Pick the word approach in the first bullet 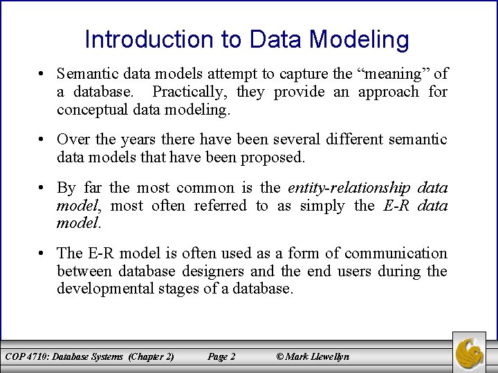point(382,91)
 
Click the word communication point(396,254)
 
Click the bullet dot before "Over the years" point(42,140)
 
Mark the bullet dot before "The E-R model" point(42,254)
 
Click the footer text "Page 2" point(221,356)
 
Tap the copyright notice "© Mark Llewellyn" point(313,356)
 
